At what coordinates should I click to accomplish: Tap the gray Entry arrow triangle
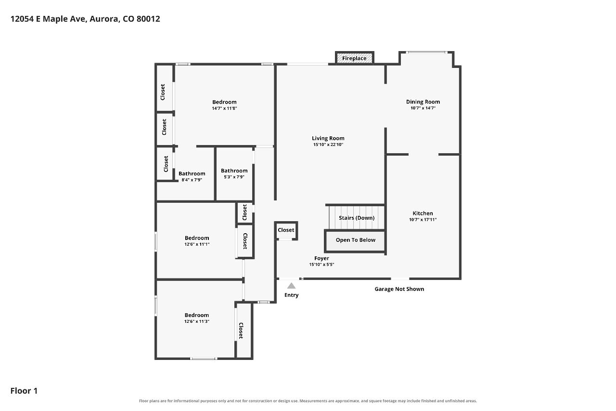pyautogui.click(x=291, y=286)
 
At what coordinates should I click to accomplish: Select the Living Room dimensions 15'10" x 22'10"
pyautogui.click(x=328, y=145)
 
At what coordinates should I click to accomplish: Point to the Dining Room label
pyautogui.click(x=423, y=102)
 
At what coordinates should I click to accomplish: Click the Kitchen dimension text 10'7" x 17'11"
pyautogui.click(x=423, y=219)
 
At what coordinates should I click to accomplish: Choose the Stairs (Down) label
pyautogui.click(x=357, y=218)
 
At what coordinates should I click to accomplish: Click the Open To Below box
pyautogui.click(x=355, y=241)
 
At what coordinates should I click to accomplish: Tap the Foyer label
pyautogui.click(x=321, y=258)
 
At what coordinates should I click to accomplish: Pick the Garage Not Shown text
pyautogui.click(x=399, y=289)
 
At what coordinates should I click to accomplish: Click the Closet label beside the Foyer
pyautogui.click(x=286, y=230)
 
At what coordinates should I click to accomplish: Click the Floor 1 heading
pyautogui.click(x=24, y=391)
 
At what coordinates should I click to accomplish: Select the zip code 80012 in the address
pyautogui.click(x=148, y=19)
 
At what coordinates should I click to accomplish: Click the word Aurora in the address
pyautogui.click(x=104, y=19)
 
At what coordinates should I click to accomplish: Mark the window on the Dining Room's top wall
pyautogui.click(x=426, y=53)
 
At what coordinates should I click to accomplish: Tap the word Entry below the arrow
pyautogui.click(x=292, y=295)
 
